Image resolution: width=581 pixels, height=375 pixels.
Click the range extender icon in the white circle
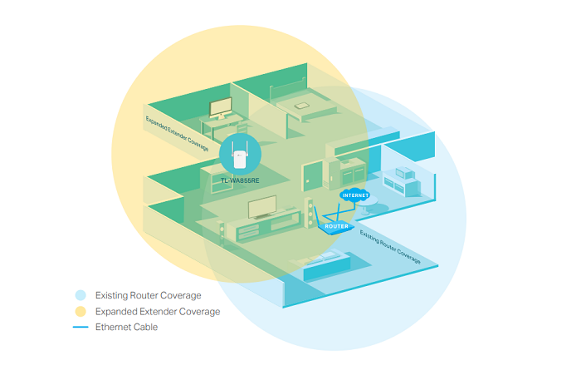[x=241, y=153]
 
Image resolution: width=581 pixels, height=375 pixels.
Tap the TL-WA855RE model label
[x=241, y=180]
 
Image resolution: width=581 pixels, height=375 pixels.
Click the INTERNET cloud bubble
[x=354, y=195]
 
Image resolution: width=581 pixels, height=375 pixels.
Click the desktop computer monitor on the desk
[x=221, y=108]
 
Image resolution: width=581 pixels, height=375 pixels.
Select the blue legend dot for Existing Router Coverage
[x=80, y=295]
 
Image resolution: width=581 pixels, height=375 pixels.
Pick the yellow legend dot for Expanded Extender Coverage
[x=80, y=311]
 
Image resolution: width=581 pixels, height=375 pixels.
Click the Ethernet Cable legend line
[x=80, y=327]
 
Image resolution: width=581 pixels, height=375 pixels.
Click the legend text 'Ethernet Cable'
[x=126, y=327]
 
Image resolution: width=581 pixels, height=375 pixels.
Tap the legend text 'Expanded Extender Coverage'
[x=158, y=311]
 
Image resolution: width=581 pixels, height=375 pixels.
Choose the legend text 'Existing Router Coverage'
[x=148, y=295]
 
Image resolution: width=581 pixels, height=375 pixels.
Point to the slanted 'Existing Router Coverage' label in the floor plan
[x=390, y=247]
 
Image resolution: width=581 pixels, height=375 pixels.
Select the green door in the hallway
[x=312, y=177]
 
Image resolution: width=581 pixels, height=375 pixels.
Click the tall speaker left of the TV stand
[x=222, y=231]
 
